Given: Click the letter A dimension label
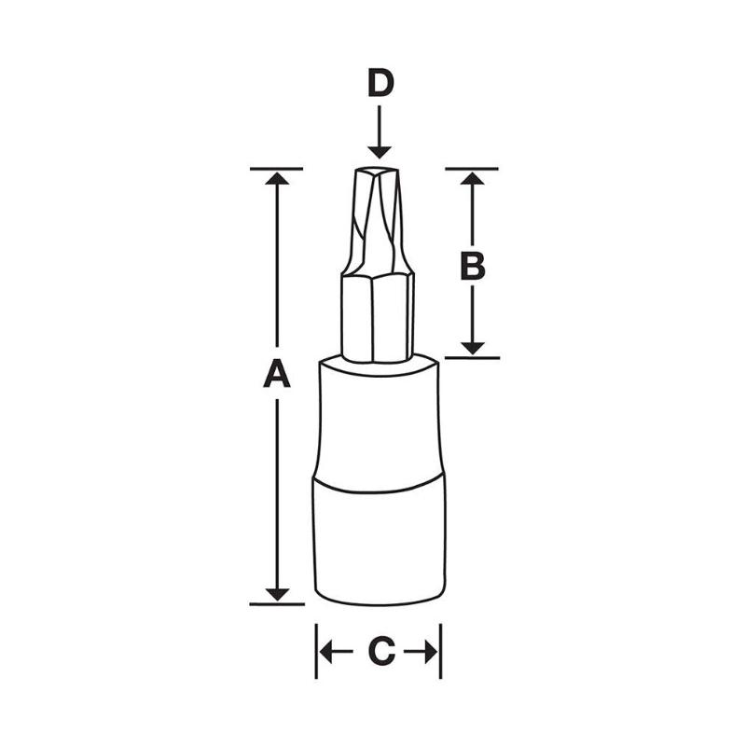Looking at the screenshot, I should tap(277, 375).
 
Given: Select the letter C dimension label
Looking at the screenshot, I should tap(379, 653).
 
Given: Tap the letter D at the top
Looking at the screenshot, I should tap(380, 84).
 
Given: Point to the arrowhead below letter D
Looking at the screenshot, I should tap(380, 149).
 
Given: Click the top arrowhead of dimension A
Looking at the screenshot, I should tap(277, 179).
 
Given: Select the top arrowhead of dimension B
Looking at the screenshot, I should tap(473, 179).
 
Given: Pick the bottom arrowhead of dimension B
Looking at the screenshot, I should tap(473, 346).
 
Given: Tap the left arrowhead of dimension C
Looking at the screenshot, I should tap(325, 653).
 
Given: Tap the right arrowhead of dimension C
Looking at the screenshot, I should tap(431, 653).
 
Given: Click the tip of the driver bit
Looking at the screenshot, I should tap(379, 173).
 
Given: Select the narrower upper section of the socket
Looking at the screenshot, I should tap(378, 420).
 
